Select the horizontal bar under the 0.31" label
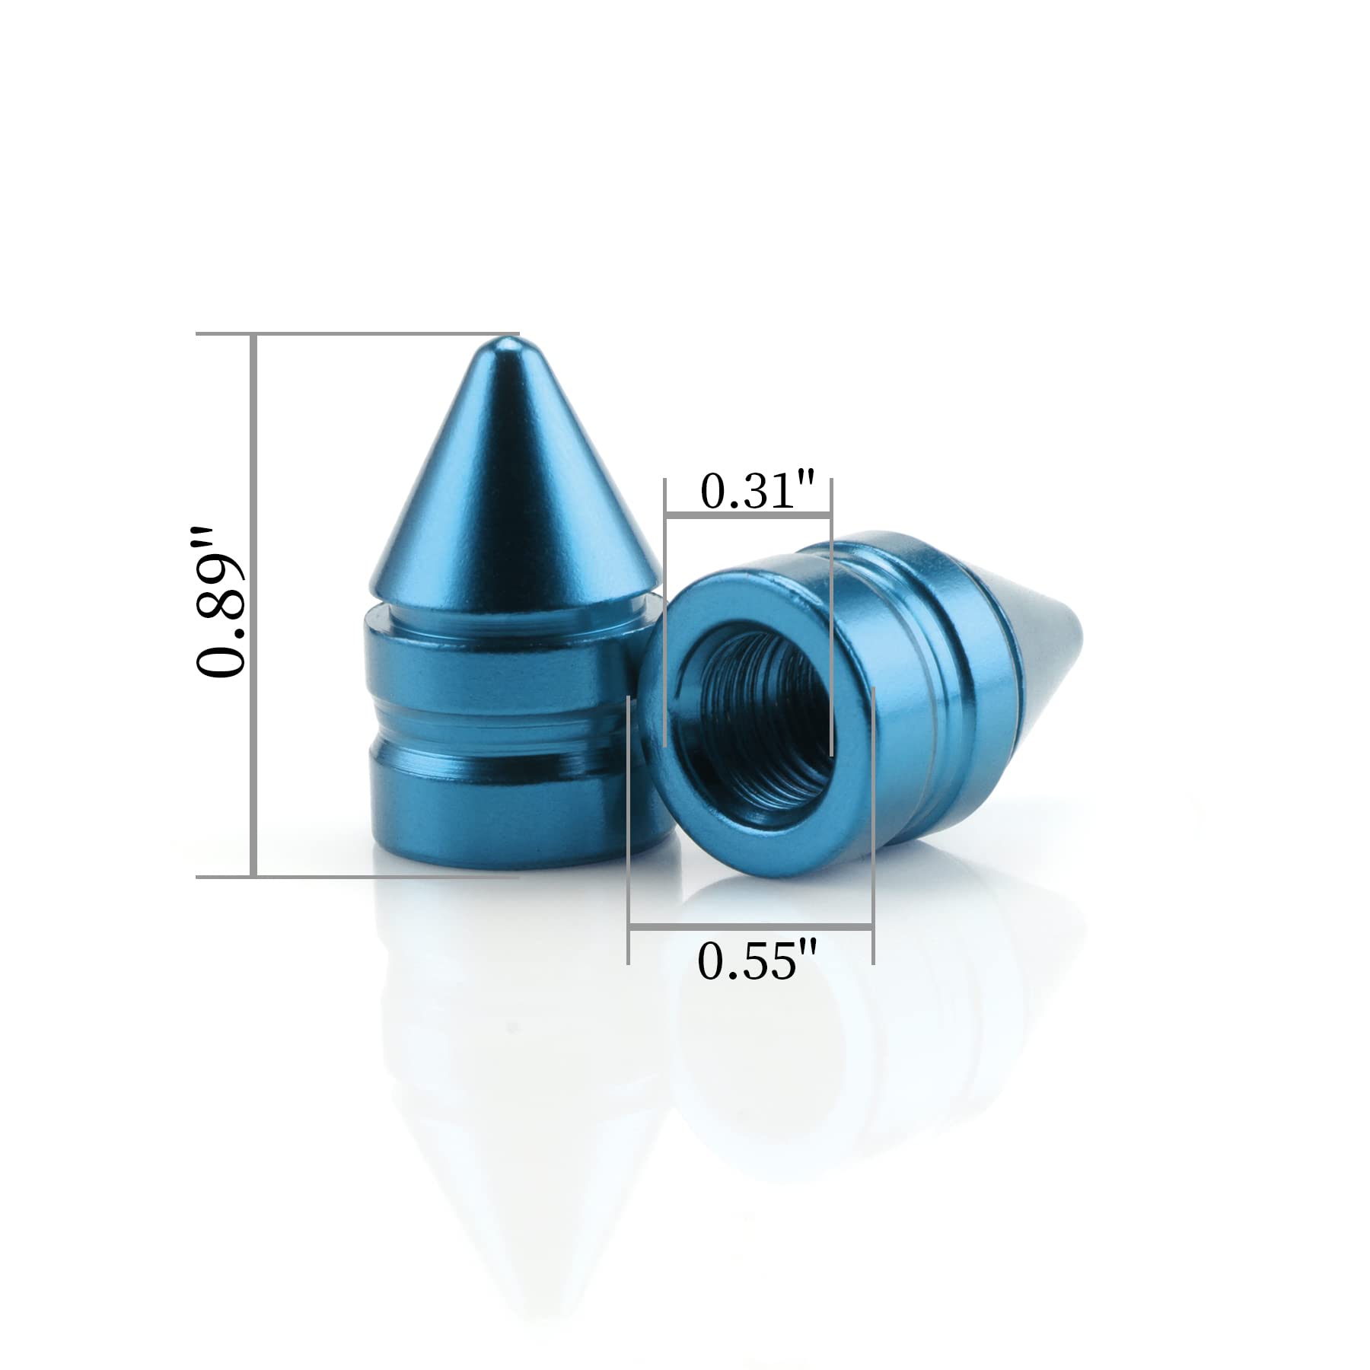(x=748, y=518)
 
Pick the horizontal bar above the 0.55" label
(x=750, y=927)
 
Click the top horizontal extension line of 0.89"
(x=358, y=334)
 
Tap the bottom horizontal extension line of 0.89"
(x=358, y=877)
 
